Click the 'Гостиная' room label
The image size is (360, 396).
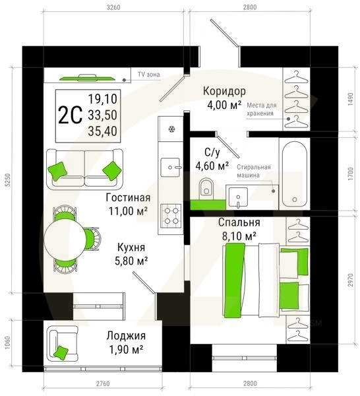128,197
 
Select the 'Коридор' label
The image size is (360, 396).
224,92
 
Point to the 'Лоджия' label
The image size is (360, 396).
126,335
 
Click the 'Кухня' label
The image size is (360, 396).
131,247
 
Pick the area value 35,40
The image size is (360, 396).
102,130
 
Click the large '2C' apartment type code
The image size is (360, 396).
71,115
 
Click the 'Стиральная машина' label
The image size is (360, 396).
254,172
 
